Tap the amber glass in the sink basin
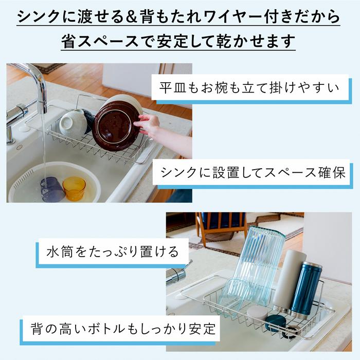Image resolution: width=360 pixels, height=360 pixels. pyautogui.click(x=74, y=188)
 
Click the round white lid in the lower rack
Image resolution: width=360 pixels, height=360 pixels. pyautogui.click(x=257, y=314)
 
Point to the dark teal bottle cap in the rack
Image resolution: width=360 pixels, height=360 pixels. pyautogui.click(x=275, y=323)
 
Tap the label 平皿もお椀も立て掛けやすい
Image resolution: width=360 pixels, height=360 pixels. pyautogui.click(x=249, y=87)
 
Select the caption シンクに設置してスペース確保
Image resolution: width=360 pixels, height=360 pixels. pyautogui.click(x=253, y=172)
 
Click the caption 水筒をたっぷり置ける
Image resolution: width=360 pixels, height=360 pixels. pyautogui.click(x=113, y=252)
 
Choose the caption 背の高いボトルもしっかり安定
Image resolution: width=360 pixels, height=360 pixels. pyautogui.click(x=123, y=329)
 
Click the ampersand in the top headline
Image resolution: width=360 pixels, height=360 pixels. pyautogui.click(x=132, y=17)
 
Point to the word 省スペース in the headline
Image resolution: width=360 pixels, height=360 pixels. pyautogui.click(x=100, y=41)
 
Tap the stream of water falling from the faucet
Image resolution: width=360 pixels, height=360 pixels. pyautogui.click(x=43, y=147)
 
